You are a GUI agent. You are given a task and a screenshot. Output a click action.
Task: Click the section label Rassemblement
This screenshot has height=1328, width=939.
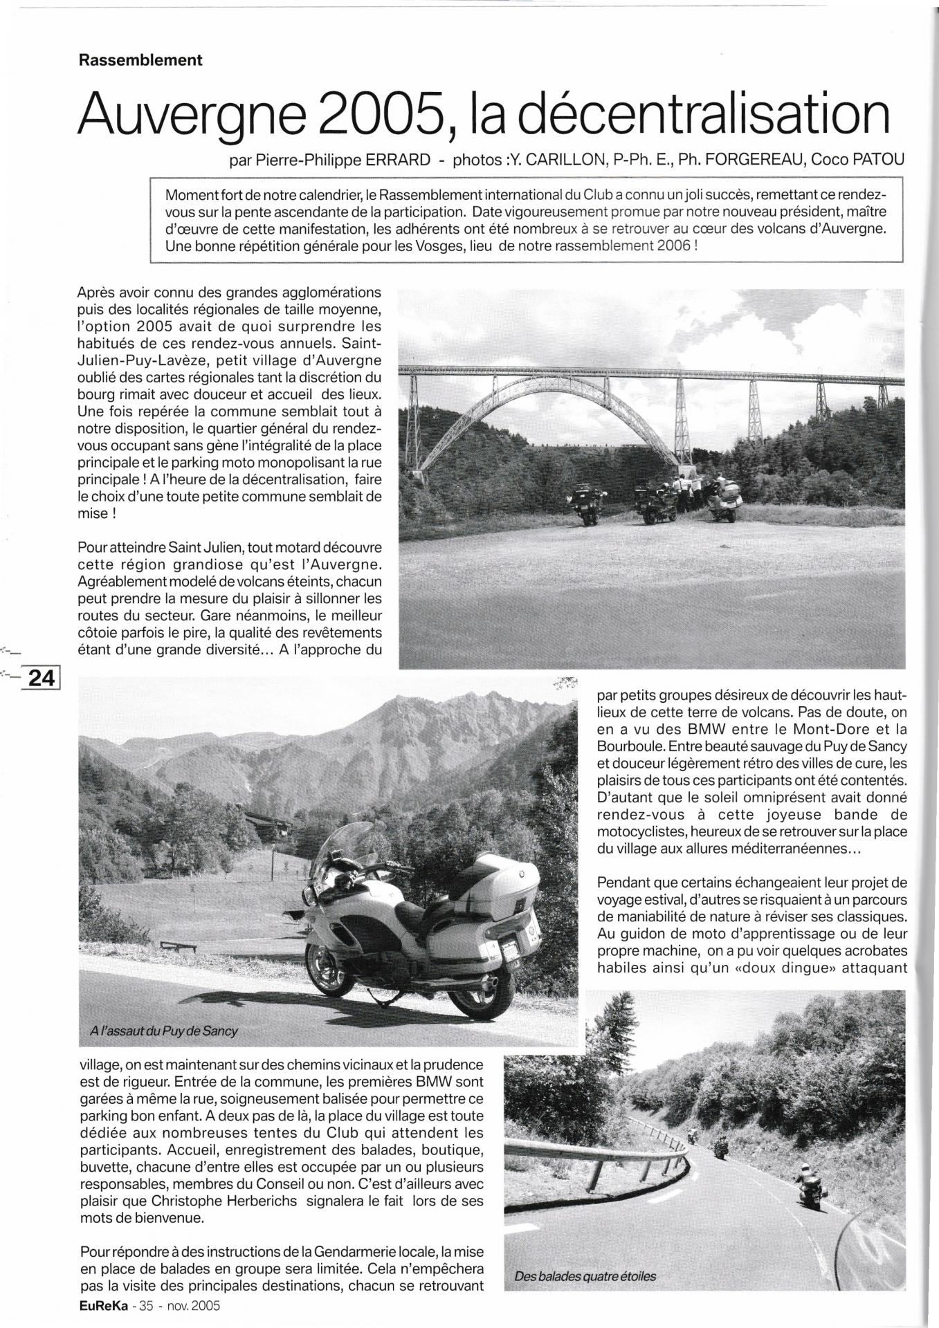140,60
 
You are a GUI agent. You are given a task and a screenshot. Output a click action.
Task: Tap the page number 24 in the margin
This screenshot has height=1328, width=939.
40,678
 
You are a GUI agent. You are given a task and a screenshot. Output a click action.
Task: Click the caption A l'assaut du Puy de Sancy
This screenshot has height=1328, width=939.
164,1031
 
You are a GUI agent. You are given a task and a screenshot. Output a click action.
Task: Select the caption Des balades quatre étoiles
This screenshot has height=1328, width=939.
585,1276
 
